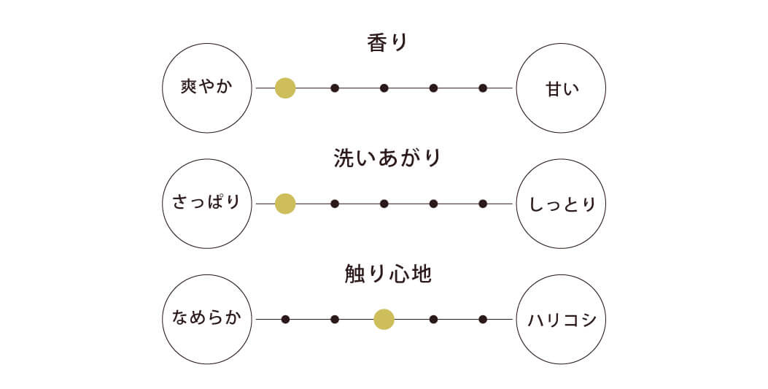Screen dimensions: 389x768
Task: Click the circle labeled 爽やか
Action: [x=206, y=88]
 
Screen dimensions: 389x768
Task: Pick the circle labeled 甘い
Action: [x=562, y=88]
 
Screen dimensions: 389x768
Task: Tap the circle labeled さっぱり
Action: [x=206, y=204]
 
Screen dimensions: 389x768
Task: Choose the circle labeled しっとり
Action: [x=562, y=204]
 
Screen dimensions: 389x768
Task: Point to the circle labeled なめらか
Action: [x=206, y=319]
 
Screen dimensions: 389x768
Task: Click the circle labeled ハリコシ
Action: [x=562, y=319]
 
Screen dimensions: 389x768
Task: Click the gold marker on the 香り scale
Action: [x=285, y=88]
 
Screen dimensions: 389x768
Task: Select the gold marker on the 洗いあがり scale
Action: [x=285, y=204]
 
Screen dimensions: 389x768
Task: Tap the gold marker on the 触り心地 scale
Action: [x=384, y=319]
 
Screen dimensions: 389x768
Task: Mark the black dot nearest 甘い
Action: [x=483, y=88]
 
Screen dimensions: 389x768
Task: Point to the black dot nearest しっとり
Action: [x=483, y=204]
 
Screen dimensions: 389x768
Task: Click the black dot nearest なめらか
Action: [x=285, y=319]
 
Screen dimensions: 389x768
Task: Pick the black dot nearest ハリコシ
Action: [x=483, y=319]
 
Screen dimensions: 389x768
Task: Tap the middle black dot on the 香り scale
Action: [x=384, y=88]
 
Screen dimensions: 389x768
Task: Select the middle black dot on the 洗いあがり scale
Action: [x=384, y=204]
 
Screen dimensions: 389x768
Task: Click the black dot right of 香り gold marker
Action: [x=335, y=88]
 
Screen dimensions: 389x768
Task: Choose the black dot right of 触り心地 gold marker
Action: [x=433, y=319]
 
